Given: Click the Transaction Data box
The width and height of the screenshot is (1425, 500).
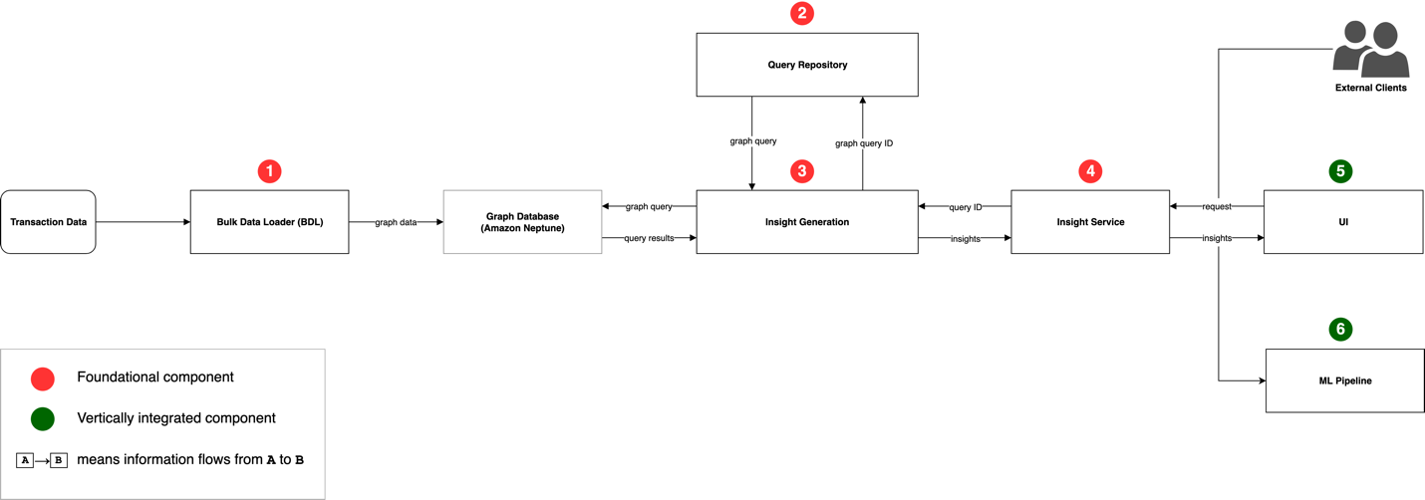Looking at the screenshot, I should pos(49,222).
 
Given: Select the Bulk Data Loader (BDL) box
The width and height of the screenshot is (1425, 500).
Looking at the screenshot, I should pos(269,222).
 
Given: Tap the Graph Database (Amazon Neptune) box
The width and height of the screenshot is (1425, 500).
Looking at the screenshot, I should pos(522,222).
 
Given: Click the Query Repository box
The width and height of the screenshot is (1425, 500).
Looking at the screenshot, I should pos(807,65).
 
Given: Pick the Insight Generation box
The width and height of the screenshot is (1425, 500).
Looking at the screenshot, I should pos(807,222).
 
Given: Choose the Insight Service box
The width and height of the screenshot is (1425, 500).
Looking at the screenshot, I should pos(1090,222).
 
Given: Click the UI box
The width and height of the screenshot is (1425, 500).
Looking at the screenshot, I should pos(1343,222).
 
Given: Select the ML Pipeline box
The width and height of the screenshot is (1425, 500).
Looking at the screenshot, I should pos(1344,380).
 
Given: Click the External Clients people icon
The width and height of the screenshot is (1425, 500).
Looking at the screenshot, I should pos(1371,49).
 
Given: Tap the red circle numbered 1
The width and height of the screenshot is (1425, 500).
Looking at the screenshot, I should pos(269,171).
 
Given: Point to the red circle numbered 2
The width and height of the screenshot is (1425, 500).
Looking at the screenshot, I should pos(802,13).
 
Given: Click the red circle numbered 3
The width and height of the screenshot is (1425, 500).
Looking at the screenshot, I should pos(802,171).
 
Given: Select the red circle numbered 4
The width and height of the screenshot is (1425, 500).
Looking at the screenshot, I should pos(1090,171).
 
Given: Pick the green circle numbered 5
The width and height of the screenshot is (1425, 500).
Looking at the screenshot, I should pos(1340,171).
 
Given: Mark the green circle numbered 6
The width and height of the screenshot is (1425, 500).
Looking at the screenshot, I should pos(1340,329).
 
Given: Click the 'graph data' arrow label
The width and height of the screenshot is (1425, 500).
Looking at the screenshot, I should pos(396,222).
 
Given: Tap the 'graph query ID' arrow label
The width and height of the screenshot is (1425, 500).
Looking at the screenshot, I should pos(864,143).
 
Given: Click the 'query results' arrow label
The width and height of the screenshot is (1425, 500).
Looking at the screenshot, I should pos(649,238).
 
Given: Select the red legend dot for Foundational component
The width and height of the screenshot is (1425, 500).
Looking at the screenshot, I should pos(43,378).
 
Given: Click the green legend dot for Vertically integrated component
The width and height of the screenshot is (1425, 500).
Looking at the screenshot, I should pos(43,419).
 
